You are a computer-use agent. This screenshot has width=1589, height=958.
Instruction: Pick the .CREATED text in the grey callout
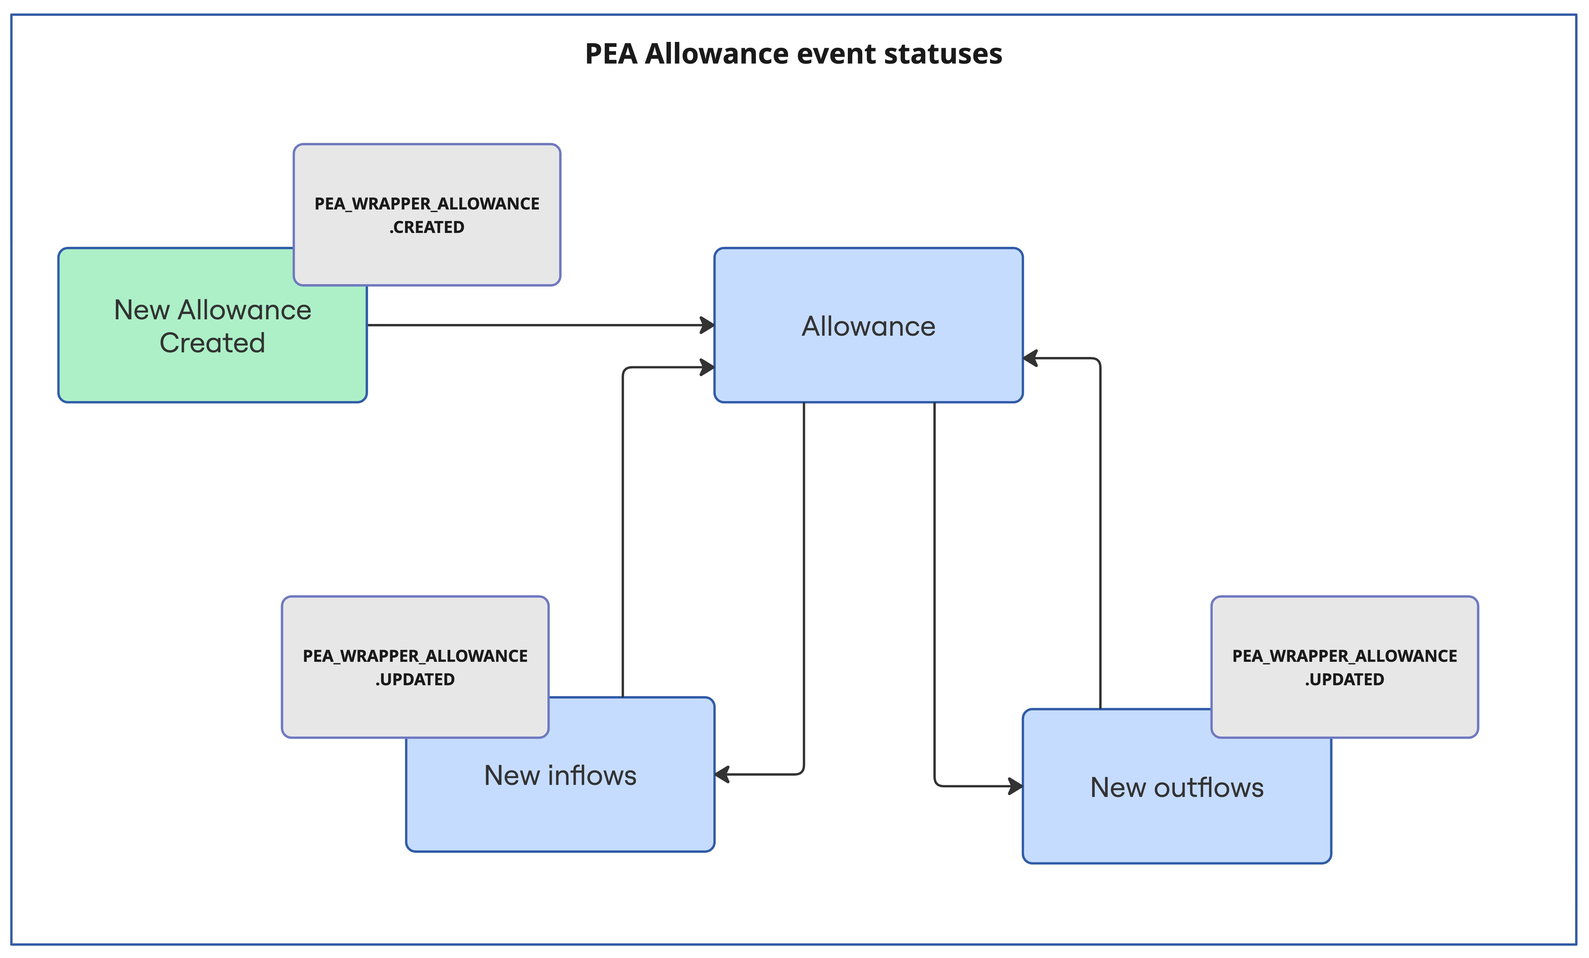(427, 227)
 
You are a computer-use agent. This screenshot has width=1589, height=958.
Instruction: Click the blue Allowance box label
(868, 326)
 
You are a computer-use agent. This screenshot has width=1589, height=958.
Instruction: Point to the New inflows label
(560, 775)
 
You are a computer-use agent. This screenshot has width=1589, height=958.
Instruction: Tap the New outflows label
(1176, 788)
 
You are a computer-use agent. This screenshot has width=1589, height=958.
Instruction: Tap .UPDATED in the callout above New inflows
(415, 679)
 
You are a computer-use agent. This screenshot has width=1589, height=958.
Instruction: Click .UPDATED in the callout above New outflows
(1345, 679)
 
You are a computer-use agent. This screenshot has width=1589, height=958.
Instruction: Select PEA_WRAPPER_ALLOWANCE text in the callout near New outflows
(1345, 656)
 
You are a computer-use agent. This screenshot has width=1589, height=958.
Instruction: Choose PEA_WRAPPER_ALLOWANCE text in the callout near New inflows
(415, 656)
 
